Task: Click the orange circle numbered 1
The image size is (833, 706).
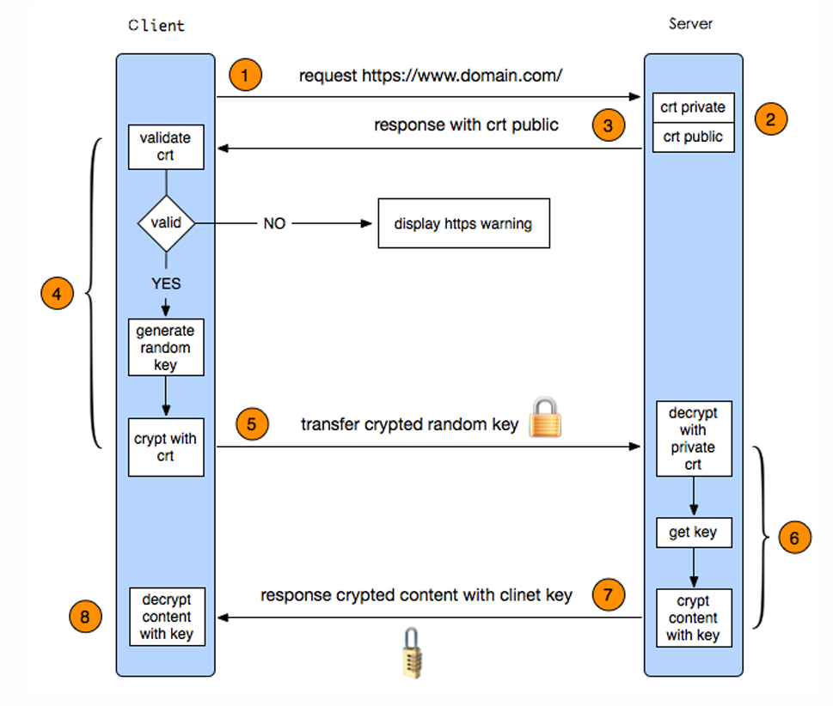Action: [245, 75]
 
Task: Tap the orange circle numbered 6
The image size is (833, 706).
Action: [794, 537]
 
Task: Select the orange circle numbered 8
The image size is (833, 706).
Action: [85, 617]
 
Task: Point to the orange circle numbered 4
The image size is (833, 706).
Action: [57, 293]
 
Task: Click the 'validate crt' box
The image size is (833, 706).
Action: [166, 147]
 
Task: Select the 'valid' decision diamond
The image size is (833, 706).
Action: [166, 223]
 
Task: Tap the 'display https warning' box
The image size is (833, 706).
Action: [464, 223]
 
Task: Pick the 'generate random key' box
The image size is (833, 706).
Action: [166, 347]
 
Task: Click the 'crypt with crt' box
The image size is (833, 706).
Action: [166, 447]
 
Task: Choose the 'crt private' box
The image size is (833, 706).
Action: [693, 107]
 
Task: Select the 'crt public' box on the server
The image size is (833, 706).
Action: [693, 137]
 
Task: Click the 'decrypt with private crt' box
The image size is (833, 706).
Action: [694, 439]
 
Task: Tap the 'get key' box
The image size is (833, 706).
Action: [694, 533]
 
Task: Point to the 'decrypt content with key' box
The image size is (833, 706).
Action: [167, 617]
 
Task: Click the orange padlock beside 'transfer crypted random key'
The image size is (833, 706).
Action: [545, 417]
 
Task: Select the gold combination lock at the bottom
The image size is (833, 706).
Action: [413, 653]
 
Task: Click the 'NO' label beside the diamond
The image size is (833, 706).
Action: [274, 223]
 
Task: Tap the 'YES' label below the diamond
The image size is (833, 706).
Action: [166, 283]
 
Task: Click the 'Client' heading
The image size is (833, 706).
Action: [156, 25]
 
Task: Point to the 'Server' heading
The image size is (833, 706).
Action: [690, 23]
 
